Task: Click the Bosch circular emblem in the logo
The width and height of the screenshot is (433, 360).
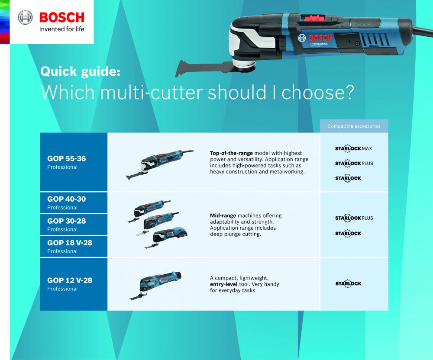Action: (x=25, y=17)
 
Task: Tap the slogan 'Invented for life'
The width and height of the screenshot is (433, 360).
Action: (x=61, y=29)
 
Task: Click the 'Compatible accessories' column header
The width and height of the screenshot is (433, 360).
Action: (x=354, y=126)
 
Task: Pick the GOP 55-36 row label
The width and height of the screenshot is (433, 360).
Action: (x=67, y=158)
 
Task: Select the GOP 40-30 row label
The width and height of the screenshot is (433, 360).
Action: (x=67, y=199)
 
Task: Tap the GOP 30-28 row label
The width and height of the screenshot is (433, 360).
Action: (x=67, y=221)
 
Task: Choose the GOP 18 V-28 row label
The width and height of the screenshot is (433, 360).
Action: (x=70, y=243)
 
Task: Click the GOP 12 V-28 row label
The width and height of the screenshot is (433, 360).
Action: (x=70, y=280)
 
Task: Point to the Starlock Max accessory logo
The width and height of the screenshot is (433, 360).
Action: (x=353, y=148)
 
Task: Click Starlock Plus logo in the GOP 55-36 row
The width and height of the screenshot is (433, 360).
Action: (x=354, y=163)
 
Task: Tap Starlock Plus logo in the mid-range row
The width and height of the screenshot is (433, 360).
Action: (x=354, y=218)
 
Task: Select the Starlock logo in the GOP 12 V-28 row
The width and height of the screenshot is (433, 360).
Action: (x=348, y=283)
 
